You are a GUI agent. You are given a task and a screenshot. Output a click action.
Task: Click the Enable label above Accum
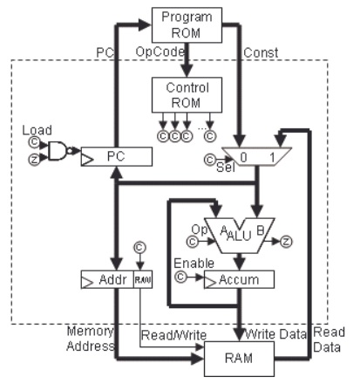[189, 262]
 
